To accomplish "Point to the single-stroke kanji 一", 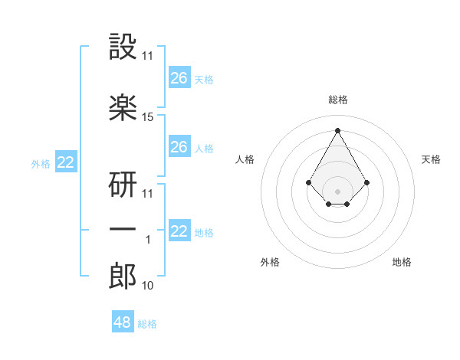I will point(123,229).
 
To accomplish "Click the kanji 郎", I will point(123,275).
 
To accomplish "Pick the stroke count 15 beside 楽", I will point(148,117).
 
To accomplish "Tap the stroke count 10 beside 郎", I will point(148,286).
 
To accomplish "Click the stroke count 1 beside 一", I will point(148,240).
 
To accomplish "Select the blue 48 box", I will point(123,322).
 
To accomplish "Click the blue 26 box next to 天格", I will point(179,77).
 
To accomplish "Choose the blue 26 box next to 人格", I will point(179,146).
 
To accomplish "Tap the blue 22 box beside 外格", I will point(66,162).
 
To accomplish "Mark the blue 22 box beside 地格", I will point(179,231).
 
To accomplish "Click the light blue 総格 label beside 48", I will point(147,324).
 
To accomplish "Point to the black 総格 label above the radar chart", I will point(337,100).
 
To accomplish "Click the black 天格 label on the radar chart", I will point(431,159).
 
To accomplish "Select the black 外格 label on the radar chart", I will point(269,262).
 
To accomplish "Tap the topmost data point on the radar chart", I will point(337,130).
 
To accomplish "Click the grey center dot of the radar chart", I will point(337,191).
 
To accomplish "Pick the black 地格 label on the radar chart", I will point(402,262).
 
